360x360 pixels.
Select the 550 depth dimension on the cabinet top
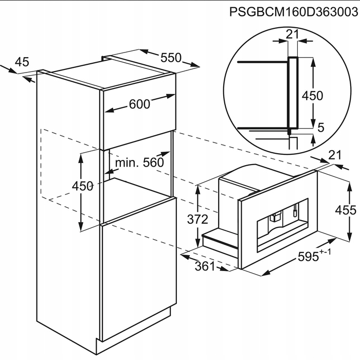click(x=171, y=58)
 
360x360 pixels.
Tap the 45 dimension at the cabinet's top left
click(x=22, y=62)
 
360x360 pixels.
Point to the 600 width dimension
click(x=139, y=104)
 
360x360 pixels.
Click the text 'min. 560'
click(x=139, y=163)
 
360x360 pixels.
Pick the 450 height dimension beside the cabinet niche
click(x=82, y=186)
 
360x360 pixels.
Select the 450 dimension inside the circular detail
click(x=312, y=96)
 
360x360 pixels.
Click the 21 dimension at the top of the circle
click(x=293, y=34)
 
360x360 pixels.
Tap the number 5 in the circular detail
click(x=321, y=128)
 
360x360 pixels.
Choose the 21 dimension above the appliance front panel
click(x=335, y=155)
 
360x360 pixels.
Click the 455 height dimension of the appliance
click(x=346, y=210)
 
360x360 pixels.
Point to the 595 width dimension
click(x=309, y=257)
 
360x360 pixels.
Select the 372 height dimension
click(x=197, y=219)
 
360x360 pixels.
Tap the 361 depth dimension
click(x=205, y=266)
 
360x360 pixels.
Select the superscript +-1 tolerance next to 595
click(x=326, y=252)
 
